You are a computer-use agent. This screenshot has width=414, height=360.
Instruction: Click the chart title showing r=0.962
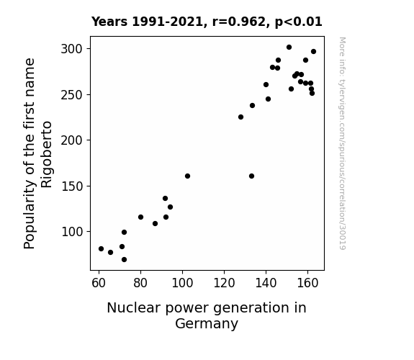[x=207, y=22]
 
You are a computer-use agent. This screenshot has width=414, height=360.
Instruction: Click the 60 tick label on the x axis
[x=99, y=283]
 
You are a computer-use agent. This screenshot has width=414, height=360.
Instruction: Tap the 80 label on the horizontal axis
[x=140, y=283]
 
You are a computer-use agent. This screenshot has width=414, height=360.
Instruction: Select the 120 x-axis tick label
[x=224, y=283]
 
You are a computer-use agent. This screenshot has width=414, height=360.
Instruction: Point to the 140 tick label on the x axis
[x=266, y=283]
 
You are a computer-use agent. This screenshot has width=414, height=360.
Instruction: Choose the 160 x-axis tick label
[x=307, y=283]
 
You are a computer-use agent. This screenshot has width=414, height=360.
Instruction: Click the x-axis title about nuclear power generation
[x=207, y=315]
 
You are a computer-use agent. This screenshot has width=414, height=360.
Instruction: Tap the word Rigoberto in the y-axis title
[x=47, y=155]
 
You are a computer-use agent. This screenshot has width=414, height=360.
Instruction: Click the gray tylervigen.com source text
[x=342, y=143]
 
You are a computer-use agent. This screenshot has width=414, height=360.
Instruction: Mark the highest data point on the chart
[x=289, y=48]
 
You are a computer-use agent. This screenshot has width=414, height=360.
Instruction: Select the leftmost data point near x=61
[x=101, y=249]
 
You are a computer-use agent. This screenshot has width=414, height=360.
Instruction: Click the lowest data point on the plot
[x=124, y=260]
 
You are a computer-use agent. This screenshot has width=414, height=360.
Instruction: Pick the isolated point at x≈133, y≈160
[x=251, y=176]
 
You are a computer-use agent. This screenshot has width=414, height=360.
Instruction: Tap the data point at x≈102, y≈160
[x=187, y=176]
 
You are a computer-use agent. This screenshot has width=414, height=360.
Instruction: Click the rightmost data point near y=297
[x=314, y=52]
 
